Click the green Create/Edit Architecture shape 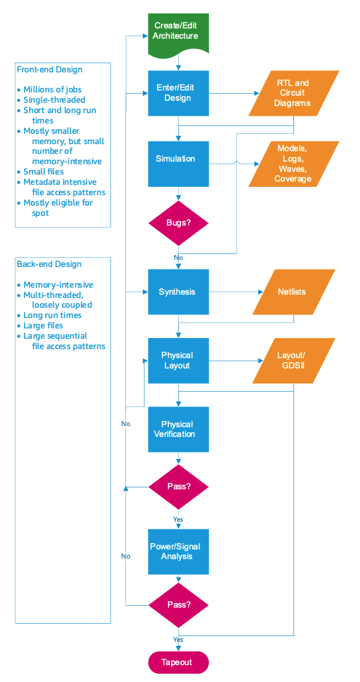(178, 32)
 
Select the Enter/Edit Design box (178, 93)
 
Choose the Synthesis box (178, 292)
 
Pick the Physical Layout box (178, 360)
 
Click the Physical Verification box (178, 429)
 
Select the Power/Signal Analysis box (178, 551)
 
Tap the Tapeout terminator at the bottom (179, 663)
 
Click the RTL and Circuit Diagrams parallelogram (293, 93)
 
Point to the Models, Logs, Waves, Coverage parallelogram (293, 164)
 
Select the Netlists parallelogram (293, 292)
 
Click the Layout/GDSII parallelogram (293, 360)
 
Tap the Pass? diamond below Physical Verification (178, 486)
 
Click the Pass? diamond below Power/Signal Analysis (178, 606)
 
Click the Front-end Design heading (50, 70)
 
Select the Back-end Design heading (49, 264)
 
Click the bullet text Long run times (52, 315)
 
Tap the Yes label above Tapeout (178, 639)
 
